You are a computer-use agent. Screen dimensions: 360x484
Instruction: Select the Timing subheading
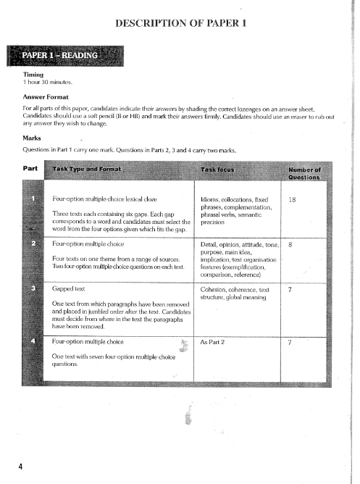[x=34, y=74]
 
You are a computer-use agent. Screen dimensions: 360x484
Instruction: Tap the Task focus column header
[x=222, y=170]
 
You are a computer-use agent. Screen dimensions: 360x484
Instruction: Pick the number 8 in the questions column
[x=290, y=245]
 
